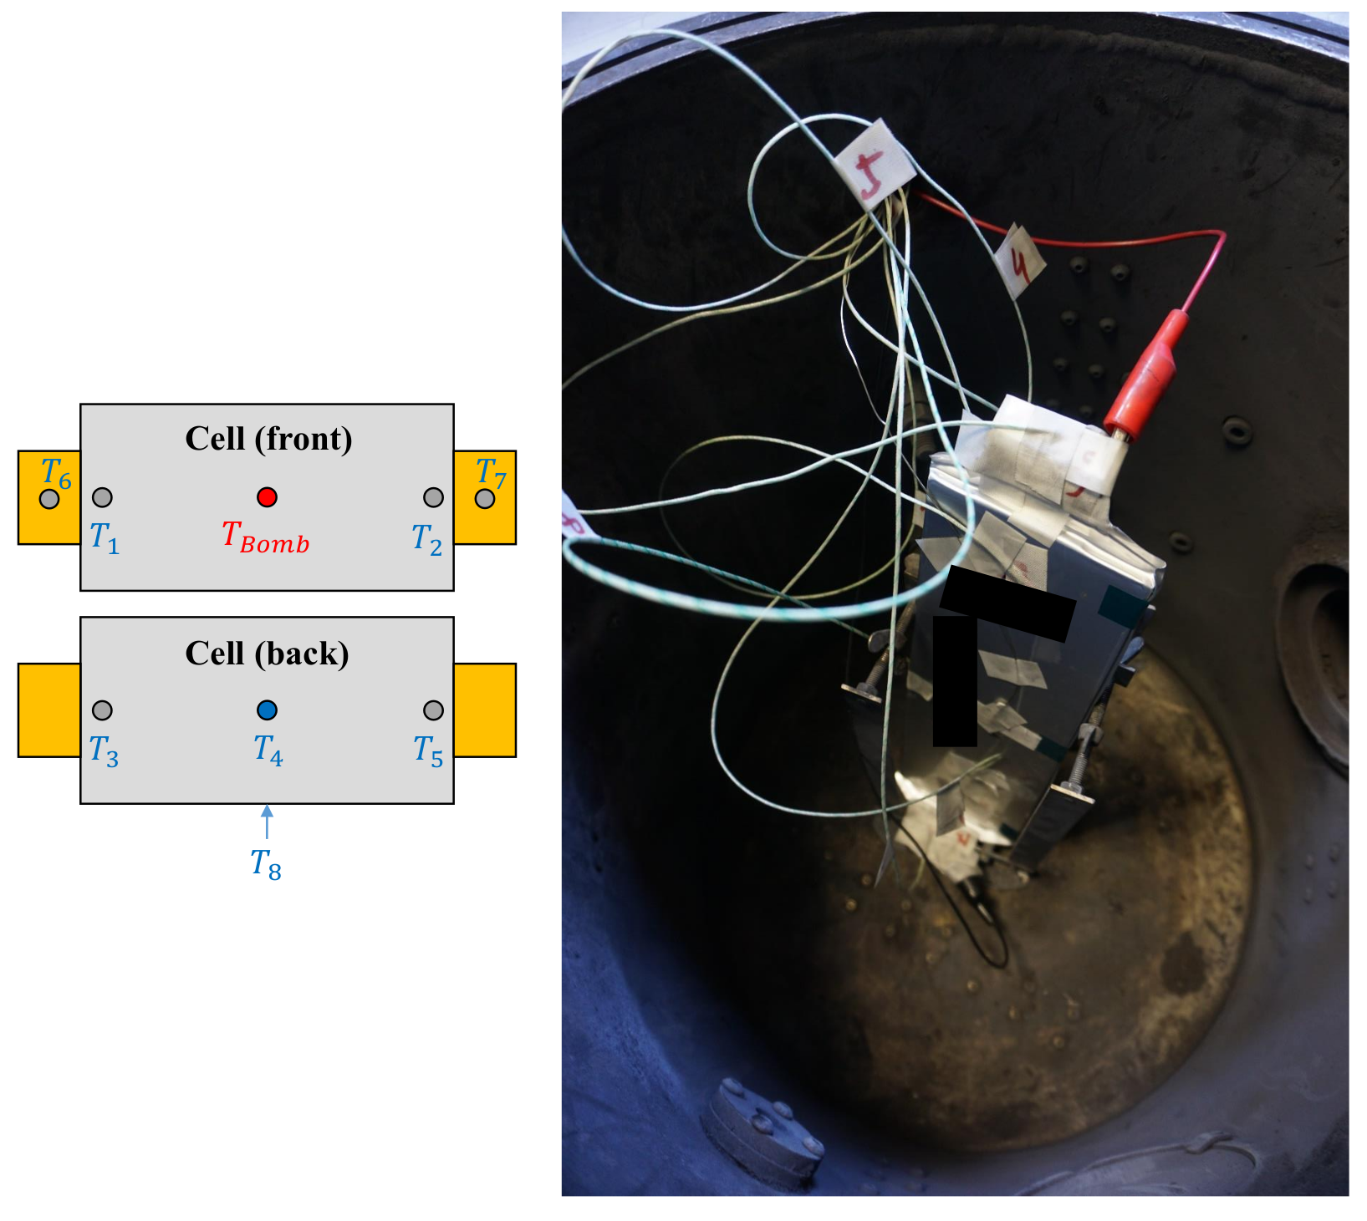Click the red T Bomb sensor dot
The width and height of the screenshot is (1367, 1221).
(267, 497)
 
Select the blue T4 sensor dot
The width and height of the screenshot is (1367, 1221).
(267, 710)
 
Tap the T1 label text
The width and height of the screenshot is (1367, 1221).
(105, 537)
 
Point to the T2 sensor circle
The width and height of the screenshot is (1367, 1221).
(433, 497)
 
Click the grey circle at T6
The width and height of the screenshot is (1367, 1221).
(49, 499)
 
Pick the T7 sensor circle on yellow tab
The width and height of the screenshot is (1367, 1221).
(485, 499)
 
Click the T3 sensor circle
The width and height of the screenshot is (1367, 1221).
(102, 710)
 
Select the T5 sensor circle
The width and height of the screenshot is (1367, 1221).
(433, 710)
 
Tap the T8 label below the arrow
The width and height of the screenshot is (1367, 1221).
(266, 864)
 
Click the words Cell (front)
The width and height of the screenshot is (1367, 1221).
(268, 439)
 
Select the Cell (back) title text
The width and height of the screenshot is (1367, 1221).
(267, 653)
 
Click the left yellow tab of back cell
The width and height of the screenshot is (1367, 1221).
(48, 710)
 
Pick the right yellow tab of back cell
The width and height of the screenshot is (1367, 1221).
(485, 710)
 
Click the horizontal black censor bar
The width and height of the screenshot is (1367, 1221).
(1007, 604)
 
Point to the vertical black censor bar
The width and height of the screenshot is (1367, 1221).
(954, 681)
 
